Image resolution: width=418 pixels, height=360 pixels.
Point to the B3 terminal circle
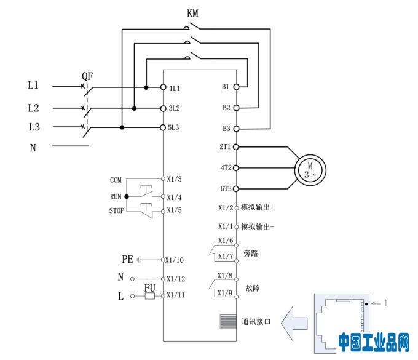[236, 129]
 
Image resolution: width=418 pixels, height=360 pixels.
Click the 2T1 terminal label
[225, 147]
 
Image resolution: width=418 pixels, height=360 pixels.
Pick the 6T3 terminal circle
[236, 188]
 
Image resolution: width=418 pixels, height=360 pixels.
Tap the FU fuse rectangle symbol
[149, 296]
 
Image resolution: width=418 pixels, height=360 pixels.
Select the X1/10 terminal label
[178, 260]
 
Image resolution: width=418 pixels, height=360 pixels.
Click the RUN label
[116, 196]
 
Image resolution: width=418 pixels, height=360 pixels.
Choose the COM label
[116, 180]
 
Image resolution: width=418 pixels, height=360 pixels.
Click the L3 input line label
[33, 127]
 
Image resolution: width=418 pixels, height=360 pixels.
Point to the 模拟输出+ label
[258, 207]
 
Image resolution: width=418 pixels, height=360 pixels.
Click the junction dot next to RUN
[127, 196]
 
